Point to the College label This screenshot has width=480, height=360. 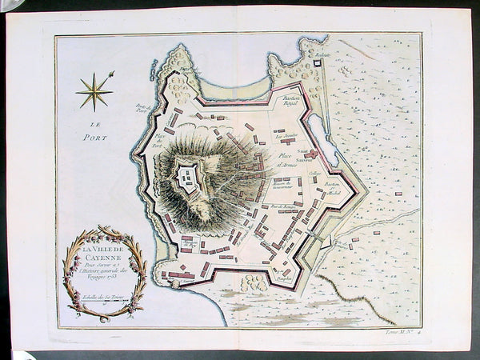tap(315, 171)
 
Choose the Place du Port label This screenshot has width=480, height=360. tap(158, 138)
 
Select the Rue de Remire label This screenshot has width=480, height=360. tap(264, 208)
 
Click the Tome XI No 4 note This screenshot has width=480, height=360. tap(410, 331)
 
